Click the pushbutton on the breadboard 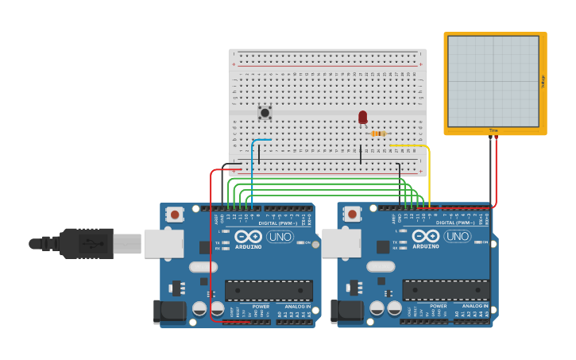tap(265, 113)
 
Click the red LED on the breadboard tap(362, 118)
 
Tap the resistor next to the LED tap(378, 134)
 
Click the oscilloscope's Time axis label tap(493, 130)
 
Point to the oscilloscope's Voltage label tap(543, 81)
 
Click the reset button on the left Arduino tap(175, 214)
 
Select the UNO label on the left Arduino tap(280, 236)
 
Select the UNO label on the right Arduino tap(457, 236)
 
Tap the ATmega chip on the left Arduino tap(269, 290)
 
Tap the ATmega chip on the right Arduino tap(446, 290)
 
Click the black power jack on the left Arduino tap(169, 311)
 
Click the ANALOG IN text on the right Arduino tap(475, 306)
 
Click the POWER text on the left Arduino tap(261, 306)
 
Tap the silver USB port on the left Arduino tap(164, 243)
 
